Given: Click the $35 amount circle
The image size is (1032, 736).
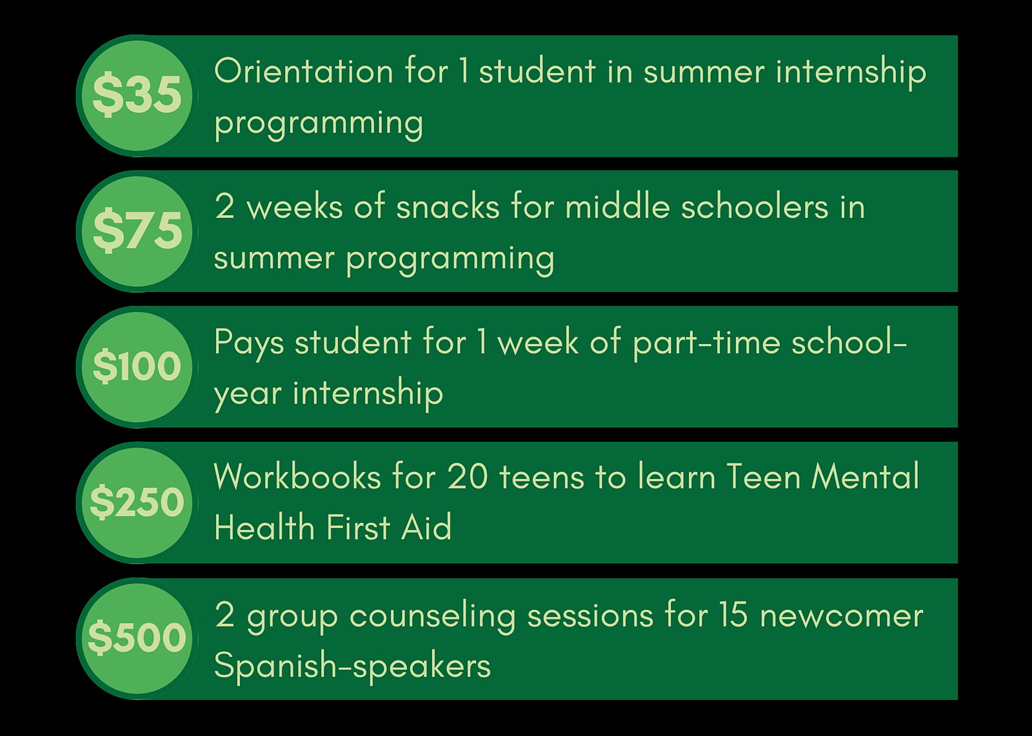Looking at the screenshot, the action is (137, 96).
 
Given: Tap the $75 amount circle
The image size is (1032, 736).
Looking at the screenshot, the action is (137, 231).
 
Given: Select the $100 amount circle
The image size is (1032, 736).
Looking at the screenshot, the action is (137, 367).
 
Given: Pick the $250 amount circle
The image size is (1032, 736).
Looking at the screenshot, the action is (137, 503).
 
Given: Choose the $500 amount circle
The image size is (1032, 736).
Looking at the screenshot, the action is (137, 639).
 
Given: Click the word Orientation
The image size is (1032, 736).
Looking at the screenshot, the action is (304, 72).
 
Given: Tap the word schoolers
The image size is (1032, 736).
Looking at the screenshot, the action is (755, 207).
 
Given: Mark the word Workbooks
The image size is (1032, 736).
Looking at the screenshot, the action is (297, 476).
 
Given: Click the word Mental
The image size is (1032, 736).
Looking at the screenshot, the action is (865, 476).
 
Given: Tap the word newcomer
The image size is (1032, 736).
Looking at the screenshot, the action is (842, 617).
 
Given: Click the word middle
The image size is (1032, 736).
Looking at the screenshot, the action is (617, 207).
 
